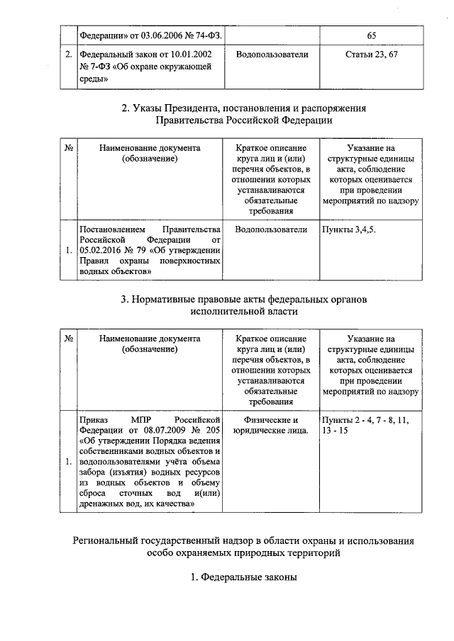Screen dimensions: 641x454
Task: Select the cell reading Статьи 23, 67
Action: pos(371,54)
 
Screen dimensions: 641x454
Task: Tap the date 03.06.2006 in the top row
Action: pos(162,35)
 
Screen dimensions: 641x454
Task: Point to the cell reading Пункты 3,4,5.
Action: pos(349,229)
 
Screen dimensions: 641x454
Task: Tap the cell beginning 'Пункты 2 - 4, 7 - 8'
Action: pos(371,424)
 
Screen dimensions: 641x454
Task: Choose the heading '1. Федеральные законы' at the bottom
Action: pos(244,577)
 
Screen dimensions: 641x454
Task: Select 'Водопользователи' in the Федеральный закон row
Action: pos(272,54)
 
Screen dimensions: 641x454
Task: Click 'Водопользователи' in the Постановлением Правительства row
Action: pos(272,229)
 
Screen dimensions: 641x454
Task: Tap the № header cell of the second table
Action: pos(70,148)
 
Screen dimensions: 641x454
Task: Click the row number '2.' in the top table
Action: pos(68,54)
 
